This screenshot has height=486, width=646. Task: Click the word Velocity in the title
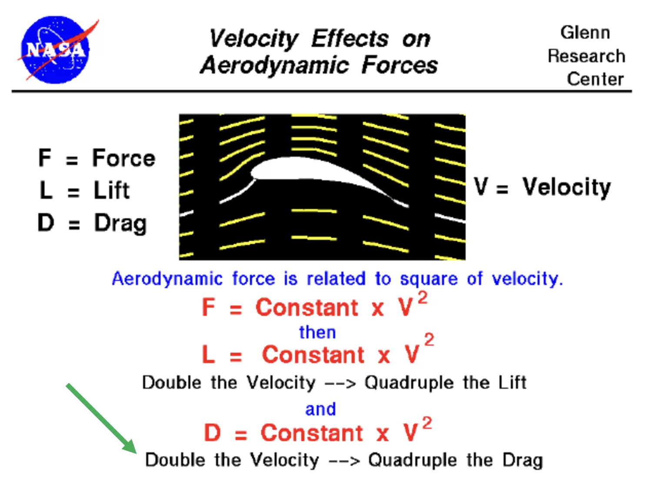[253, 39]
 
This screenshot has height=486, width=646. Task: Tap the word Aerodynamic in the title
[275, 65]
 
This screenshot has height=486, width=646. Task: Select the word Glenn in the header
[585, 32]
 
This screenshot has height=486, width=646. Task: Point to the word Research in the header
[586, 56]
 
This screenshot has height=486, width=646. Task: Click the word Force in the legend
[123, 158]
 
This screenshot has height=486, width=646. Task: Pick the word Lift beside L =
[112, 190]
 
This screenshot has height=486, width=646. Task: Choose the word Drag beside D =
[120, 224]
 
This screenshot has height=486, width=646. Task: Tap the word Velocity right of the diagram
[566, 187]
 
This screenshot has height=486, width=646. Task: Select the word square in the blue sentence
[429, 279]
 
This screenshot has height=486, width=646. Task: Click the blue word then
[317, 333]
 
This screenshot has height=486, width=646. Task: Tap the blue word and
[320, 409]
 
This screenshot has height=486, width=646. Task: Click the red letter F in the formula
[208, 307]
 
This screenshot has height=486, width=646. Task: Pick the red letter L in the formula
[208, 354]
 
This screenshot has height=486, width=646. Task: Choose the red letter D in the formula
[212, 433]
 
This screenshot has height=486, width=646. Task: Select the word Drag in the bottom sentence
[523, 461]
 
